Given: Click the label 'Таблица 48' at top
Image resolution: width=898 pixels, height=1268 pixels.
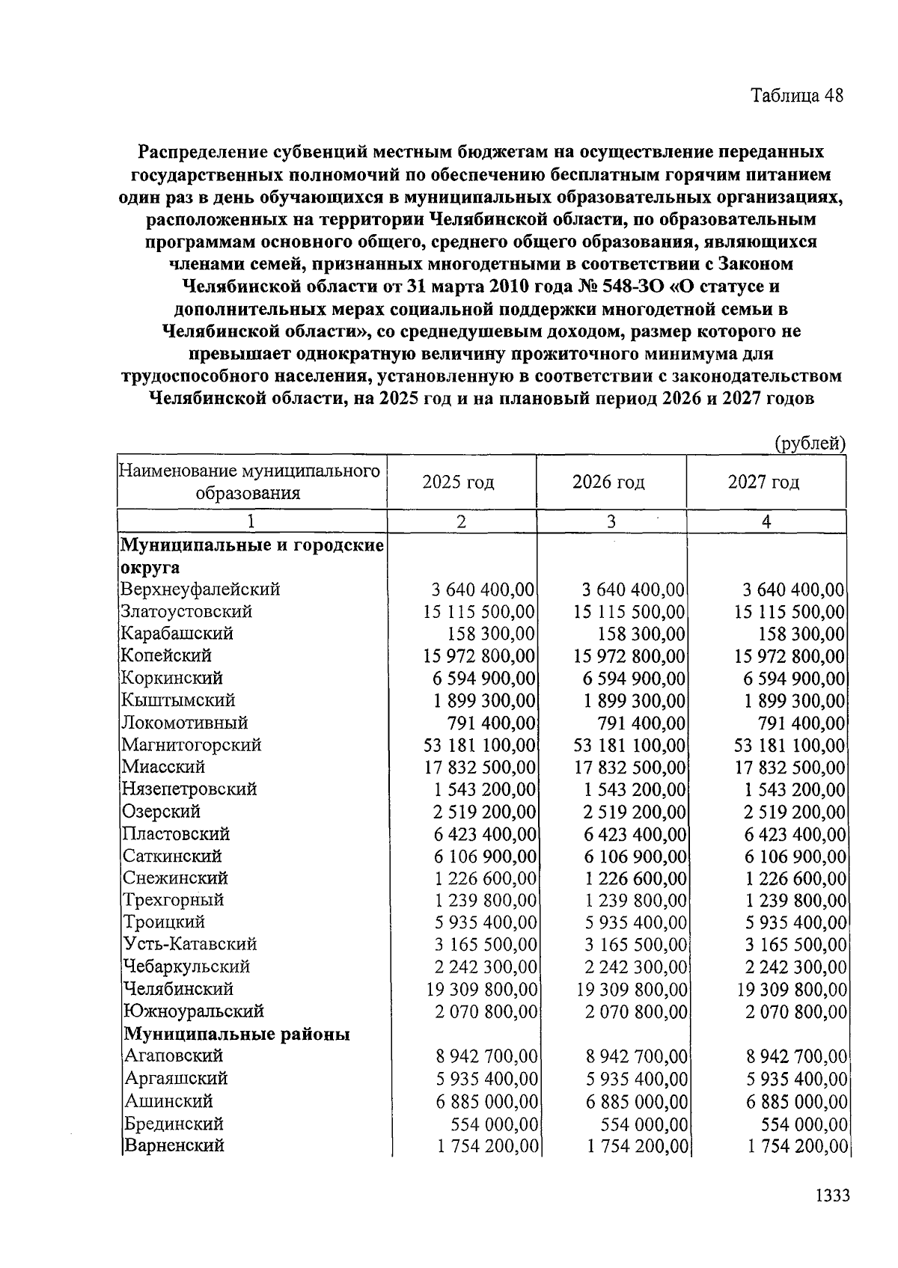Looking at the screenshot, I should click(x=797, y=96).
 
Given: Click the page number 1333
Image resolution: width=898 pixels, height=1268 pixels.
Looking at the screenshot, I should click(x=832, y=1195).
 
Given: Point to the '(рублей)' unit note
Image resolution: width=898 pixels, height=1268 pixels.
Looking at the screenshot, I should click(x=810, y=443).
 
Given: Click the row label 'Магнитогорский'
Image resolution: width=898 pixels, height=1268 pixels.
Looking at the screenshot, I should click(x=192, y=745).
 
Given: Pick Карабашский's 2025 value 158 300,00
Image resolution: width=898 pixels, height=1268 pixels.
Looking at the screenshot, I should click(x=491, y=634).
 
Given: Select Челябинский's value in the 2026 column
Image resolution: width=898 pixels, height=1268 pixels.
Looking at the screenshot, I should click(x=632, y=990).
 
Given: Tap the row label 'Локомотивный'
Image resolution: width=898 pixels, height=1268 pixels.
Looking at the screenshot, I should click(x=185, y=723).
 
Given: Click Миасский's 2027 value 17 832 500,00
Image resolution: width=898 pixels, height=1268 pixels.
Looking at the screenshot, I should click(x=790, y=768).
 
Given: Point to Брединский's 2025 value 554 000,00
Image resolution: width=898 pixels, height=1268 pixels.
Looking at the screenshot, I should click(x=495, y=1124).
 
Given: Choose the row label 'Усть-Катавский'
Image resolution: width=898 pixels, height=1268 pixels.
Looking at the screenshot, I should click(x=190, y=945).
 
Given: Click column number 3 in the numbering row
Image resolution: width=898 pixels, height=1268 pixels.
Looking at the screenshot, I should click(x=611, y=522).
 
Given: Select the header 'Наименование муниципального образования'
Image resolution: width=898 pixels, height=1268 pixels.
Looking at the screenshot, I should click(x=250, y=482).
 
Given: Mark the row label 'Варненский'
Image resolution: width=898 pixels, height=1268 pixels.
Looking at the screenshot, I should click(x=174, y=1145).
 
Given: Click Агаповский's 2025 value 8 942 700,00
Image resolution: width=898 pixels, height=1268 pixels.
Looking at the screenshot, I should click(x=487, y=1056).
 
